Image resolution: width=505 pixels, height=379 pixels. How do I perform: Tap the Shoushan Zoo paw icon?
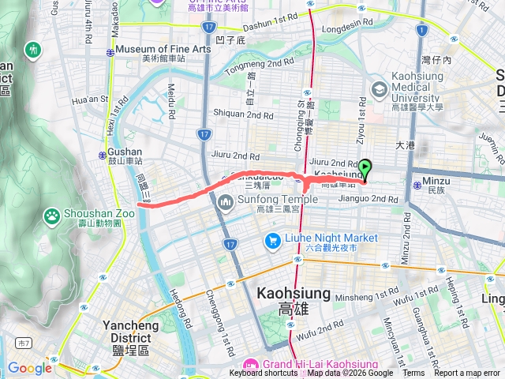pyautogui.click(x=51, y=214)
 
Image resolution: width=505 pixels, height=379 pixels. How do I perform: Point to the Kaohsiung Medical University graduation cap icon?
pyautogui.click(x=380, y=90)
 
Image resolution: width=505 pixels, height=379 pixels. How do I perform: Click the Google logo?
pyautogui.click(x=29, y=368)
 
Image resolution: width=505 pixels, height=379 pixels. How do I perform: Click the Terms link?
pyautogui.click(x=413, y=373)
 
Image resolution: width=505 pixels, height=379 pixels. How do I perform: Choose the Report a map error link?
pyautogui.click(x=467, y=373)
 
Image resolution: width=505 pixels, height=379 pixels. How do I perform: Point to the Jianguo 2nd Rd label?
pyautogui.click(x=369, y=199)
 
